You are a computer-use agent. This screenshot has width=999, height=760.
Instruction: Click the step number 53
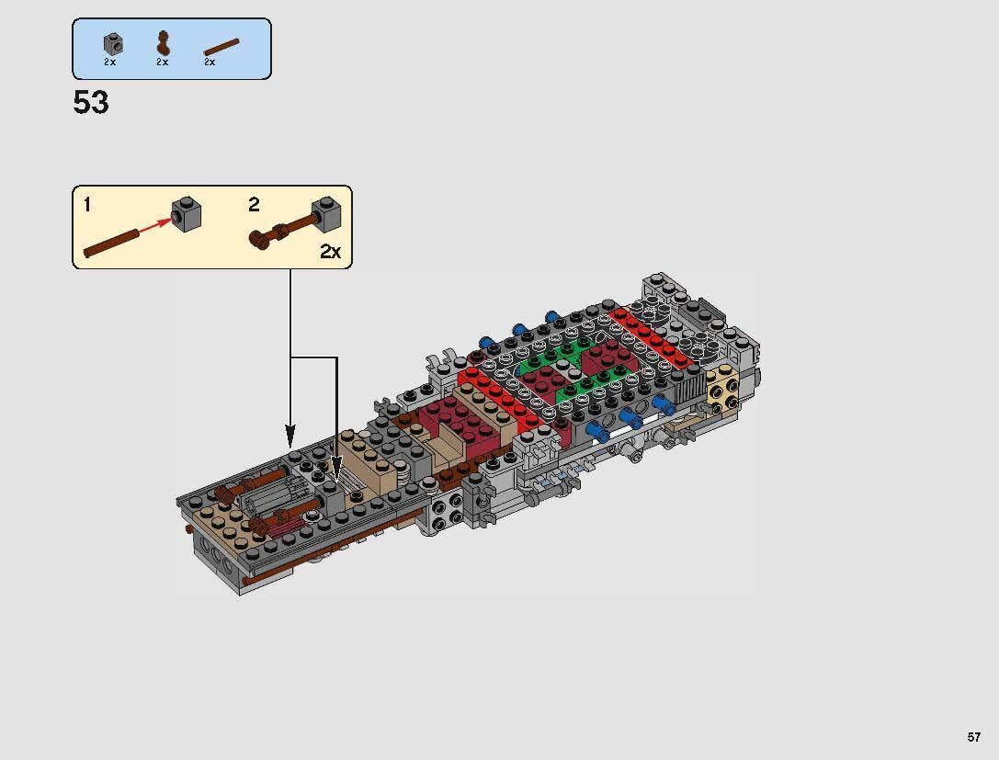tap(91, 103)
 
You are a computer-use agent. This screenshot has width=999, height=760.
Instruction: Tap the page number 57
tap(973, 737)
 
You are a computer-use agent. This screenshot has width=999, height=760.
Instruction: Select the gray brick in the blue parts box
tap(111, 42)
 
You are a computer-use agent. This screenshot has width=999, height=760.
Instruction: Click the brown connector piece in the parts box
tap(163, 42)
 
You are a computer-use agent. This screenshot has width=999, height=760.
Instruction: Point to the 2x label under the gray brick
tap(110, 62)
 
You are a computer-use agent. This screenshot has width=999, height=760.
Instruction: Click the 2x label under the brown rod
tap(210, 62)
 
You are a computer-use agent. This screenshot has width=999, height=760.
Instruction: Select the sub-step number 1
tap(87, 205)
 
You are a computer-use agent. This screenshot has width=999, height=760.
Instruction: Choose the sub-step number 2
tap(255, 205)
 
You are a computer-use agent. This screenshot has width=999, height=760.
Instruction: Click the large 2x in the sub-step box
tap(330, 252)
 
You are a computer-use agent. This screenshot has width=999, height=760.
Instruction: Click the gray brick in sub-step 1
tap(187, 215)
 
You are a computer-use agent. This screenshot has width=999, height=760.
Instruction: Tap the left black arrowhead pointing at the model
tap(290, 432)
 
